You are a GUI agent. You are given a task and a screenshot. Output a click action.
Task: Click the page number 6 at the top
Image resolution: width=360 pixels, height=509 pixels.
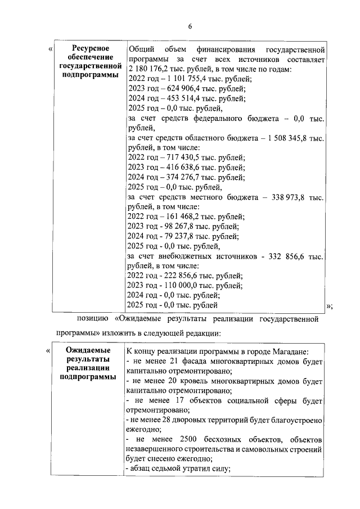coord(190,26)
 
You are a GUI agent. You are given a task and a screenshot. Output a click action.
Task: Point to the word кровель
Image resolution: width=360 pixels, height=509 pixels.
coord(183,380)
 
